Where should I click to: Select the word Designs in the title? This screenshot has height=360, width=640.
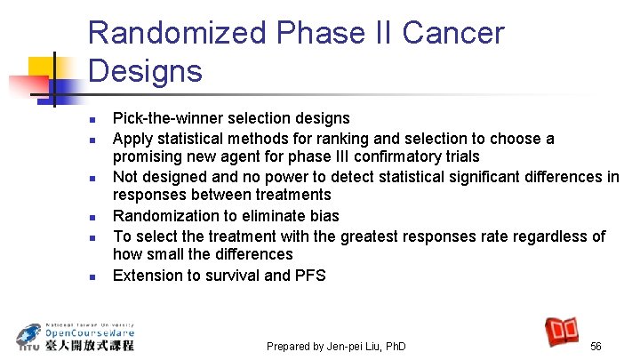145,70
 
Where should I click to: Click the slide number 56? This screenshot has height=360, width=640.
596,346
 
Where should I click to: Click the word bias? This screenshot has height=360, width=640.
324,216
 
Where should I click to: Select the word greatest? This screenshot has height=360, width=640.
369,236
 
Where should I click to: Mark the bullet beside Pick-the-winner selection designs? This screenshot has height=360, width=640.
92,119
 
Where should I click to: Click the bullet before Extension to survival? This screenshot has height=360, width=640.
92,276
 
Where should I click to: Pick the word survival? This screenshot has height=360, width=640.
230,275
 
